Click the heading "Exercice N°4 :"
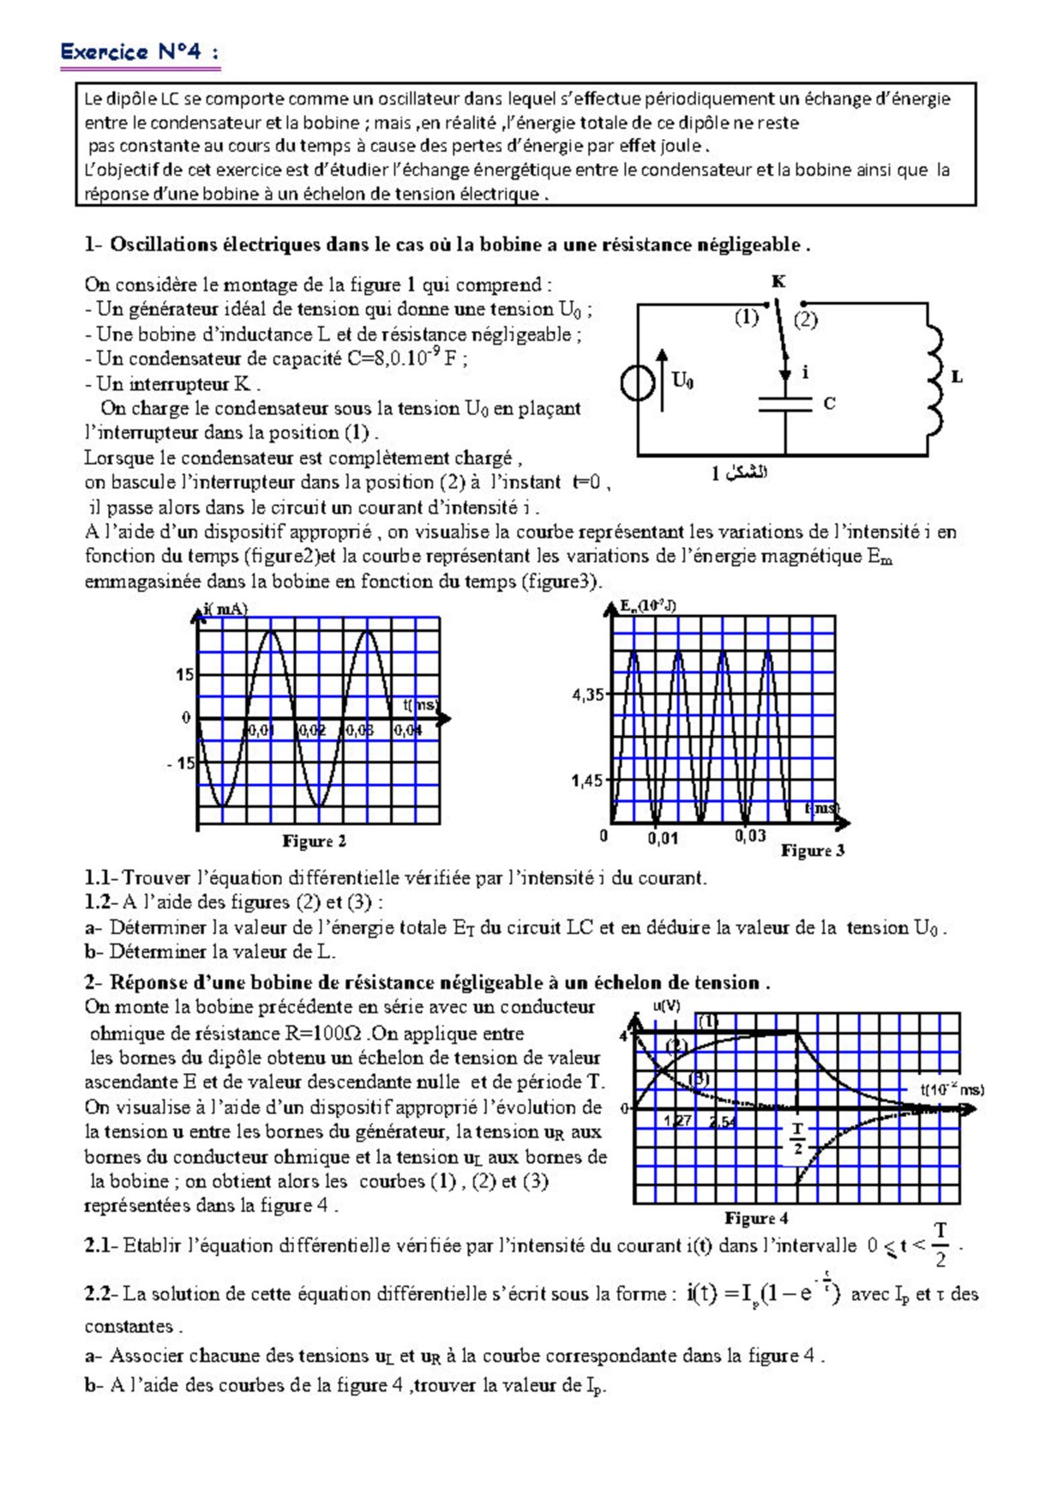pyautogui.click(x=139, y=52)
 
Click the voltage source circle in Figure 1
pyautogui.click(x=638, y=383)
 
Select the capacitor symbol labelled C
pyautogui.click(x=785, y=404)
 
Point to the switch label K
pyautogui.click(x=778, y=281)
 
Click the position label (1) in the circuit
pyautogui.click(x=746, y=317)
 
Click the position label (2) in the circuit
pyautogui.click(x=805, y=320)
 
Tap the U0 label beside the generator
pyautogui.click(x=682, y=380)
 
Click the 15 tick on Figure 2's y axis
pyautogui.click(x=184, y=675)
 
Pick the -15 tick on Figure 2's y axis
pyautogui.click(x=181, y=763)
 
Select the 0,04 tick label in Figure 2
pyautogui.click(x=408, y=731)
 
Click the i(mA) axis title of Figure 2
pyautogui.click(x=225, y=609)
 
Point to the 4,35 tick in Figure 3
pyautogui.click(x=588, y=695)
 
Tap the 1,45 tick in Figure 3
pyautogui.click(x=588, y=781)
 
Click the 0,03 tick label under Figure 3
pyautogui.click(x=750, y=836)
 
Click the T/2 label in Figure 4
pyautogui.click(x=797, y=1137)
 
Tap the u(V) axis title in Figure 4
pyautogui.click(x=667, y=1006)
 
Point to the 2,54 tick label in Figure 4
pyautogui.click(x=723, y=1121)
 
